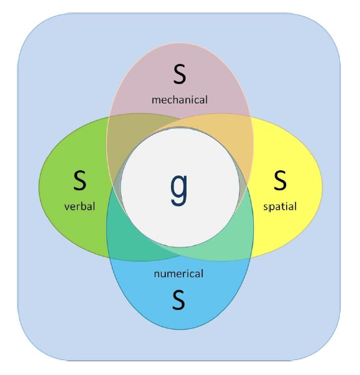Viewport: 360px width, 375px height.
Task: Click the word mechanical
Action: click(x=180, y=100)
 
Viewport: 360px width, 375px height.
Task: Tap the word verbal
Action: click(x=80, y=207)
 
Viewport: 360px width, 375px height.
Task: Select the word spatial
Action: click(x=280, y=207)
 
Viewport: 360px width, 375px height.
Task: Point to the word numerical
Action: click(x=179, y=273)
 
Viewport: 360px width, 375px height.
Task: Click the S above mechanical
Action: click(x=179, y=74)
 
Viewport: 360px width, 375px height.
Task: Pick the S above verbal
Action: click(x=80, y=180)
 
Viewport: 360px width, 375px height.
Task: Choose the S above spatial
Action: click(x=280, y=180)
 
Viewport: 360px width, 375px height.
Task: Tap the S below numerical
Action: click(x=179, y=300)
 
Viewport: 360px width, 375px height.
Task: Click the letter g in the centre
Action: click(x=179, y=190)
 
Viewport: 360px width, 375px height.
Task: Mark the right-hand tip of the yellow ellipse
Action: click(x=322, y=187)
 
